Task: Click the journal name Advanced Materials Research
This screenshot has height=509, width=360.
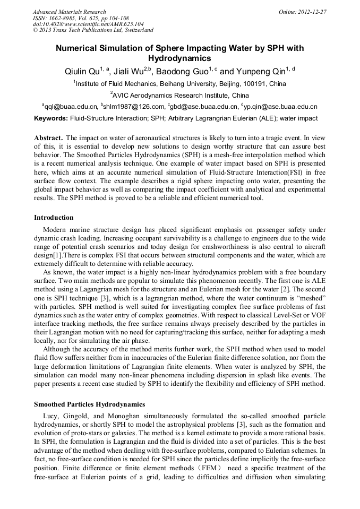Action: click(70, 12)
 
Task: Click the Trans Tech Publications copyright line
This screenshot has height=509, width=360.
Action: click(93, 30)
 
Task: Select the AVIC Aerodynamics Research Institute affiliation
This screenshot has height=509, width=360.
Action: click(181, 96)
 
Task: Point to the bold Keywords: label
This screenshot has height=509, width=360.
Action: click(51, 118)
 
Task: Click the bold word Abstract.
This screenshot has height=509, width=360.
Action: click(48, 138)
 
